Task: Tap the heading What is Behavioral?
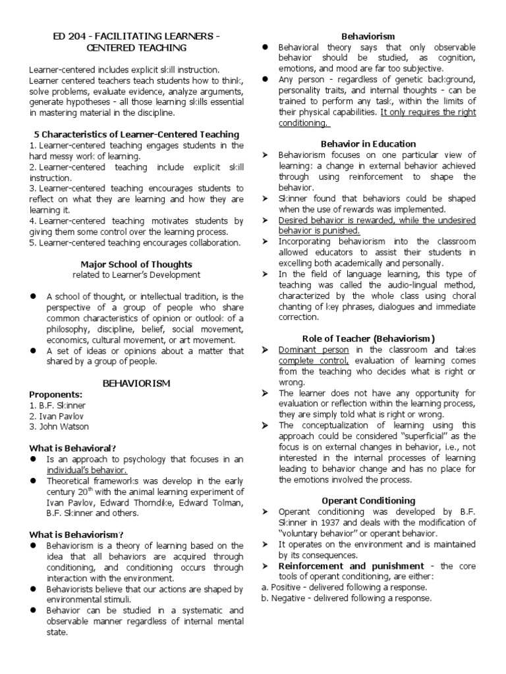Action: click(x=73, y=448)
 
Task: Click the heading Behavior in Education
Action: click(x=368, y=143)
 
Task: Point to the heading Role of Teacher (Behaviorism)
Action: click(x=368, y=338)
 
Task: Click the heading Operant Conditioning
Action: click(x=368, y=500)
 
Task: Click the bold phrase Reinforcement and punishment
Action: click(x=351, y=565)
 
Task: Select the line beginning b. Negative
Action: click(x=346, y=598)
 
